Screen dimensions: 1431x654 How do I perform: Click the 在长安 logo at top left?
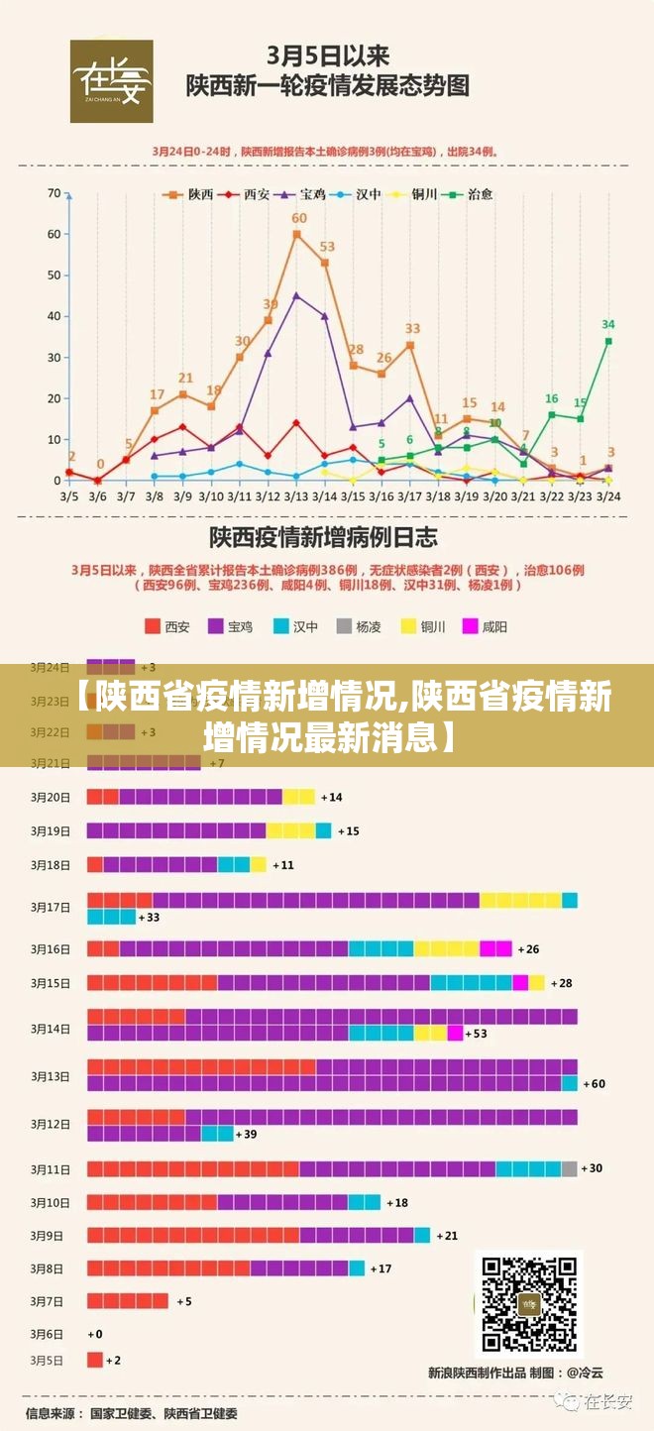111,81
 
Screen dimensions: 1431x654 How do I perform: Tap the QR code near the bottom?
528,1305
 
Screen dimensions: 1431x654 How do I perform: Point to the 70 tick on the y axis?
54,193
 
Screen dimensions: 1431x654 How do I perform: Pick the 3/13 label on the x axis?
296,495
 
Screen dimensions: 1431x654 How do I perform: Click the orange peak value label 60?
298,218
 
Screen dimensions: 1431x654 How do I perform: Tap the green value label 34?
608,324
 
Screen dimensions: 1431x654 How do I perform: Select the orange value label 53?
327,247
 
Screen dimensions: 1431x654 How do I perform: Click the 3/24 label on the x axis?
609,495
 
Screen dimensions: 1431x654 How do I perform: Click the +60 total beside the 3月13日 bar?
594,1083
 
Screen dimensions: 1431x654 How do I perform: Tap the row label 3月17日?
51,907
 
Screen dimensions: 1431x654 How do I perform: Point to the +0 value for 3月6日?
95,1334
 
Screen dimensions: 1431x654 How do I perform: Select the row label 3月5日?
47,1360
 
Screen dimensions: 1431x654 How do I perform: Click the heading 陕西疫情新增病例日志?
322,538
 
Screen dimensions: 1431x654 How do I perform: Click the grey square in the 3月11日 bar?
569,1168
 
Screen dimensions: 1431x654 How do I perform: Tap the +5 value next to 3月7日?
184,1301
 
